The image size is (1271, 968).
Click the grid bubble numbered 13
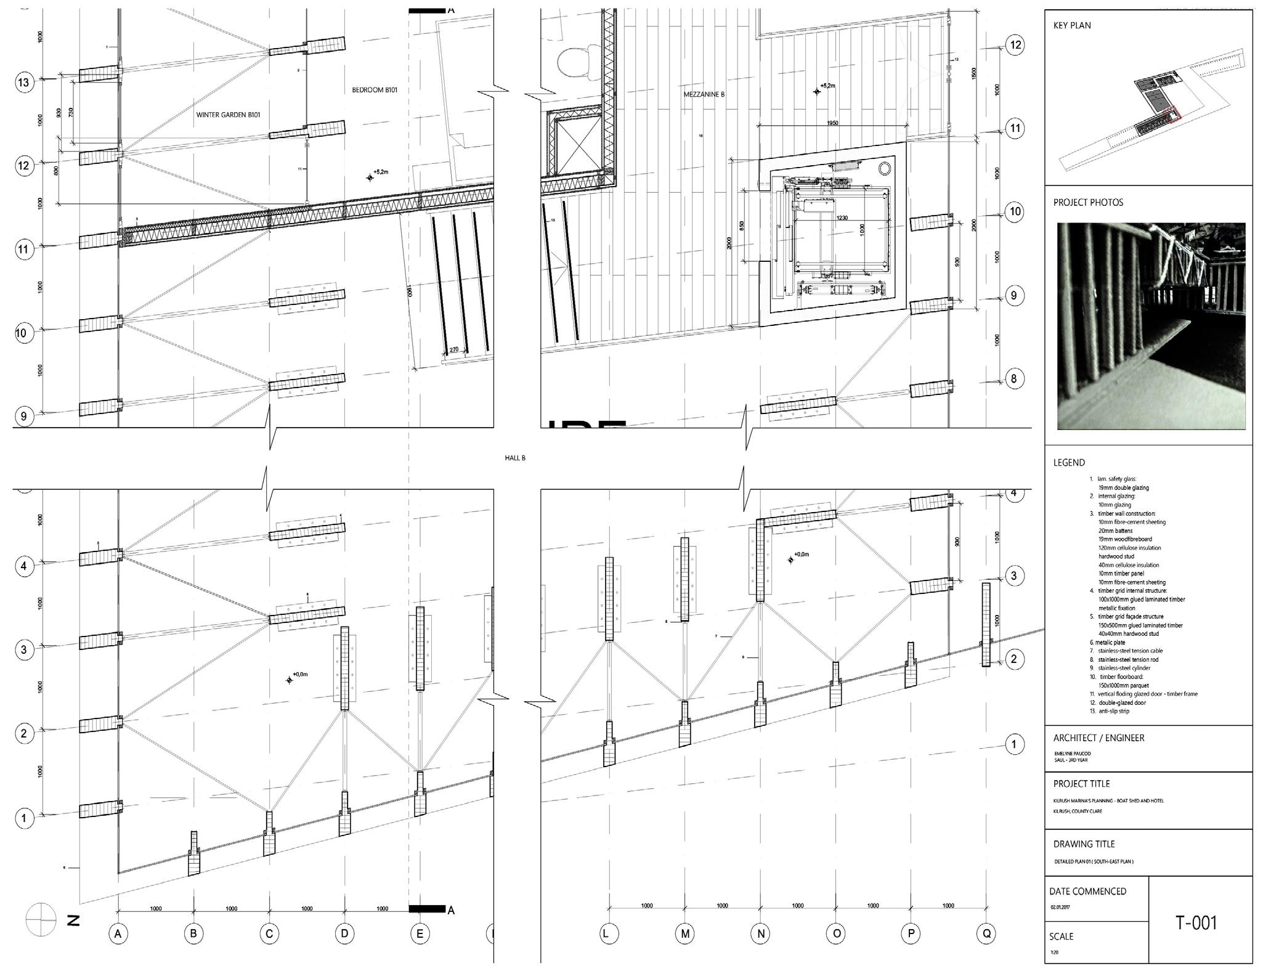23,83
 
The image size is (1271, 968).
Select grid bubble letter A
118,933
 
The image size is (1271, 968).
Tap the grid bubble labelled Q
986,933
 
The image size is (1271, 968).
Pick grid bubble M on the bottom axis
685,933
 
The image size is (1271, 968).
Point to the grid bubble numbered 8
1014,378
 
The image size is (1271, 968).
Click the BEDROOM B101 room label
375,90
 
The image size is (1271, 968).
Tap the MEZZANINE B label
704,95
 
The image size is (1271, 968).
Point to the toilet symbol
576,62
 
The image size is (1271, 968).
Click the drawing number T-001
1196,922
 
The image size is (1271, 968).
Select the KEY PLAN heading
1072,25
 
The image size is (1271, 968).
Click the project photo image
1150,326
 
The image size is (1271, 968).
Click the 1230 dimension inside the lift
842,218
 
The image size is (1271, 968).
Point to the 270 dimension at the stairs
453,350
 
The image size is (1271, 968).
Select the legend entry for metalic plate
1111,643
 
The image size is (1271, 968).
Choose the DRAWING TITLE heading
1084,844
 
